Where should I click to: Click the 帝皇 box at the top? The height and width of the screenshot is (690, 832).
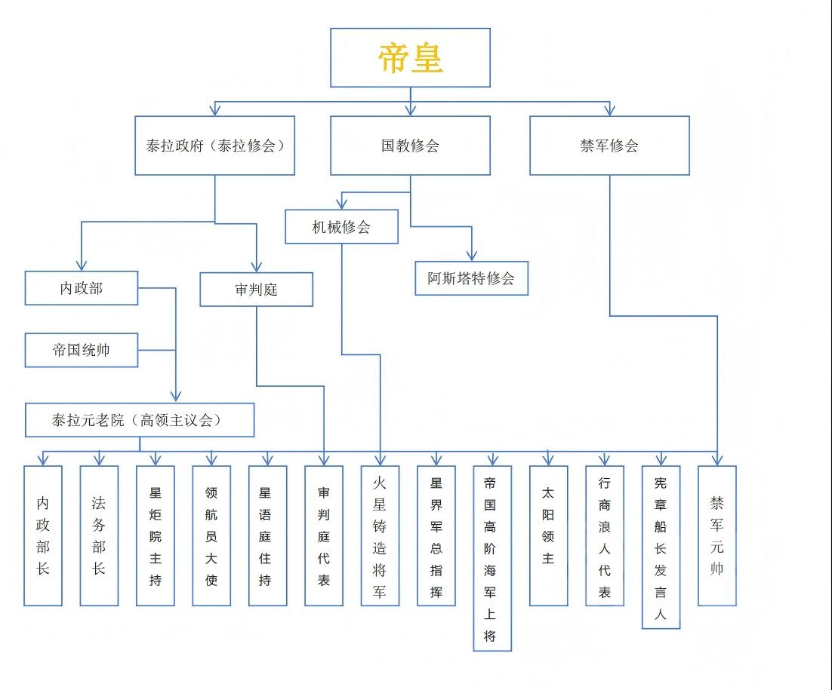[x=410, y=58]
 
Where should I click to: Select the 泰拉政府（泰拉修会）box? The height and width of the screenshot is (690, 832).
[x=214, y=146]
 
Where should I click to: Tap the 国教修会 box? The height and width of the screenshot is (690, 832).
[x=410, y=146]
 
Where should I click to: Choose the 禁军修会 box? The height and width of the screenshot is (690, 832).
[x=609, y=146]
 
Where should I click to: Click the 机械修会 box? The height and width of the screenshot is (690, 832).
[x=341, y=226]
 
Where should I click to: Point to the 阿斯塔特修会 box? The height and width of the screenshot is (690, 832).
[x=471, y=278]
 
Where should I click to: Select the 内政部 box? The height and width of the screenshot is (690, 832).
[x=82, y=288]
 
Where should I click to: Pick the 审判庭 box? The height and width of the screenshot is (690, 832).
[x=256, y=290]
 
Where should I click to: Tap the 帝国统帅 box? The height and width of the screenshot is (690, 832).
[x=82, y=350]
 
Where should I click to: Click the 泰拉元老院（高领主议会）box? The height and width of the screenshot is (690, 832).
[x=140, y=420]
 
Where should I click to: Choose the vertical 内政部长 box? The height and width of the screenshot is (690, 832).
[x=42, y=535]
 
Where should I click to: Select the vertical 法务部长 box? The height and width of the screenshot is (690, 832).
[x=99, y=535]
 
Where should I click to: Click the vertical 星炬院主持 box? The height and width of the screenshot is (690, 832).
[x=156, y=535]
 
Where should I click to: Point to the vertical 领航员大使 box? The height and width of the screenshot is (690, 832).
[x=211, y=535]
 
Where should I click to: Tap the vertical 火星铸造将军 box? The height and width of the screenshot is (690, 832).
[x=380, y=535]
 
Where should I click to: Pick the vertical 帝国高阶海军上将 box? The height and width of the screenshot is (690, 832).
[x=492, y=558]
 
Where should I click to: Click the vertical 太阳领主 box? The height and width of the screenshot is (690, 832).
[x=548, y=535]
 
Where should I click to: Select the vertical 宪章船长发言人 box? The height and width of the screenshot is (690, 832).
[x=661, y=547]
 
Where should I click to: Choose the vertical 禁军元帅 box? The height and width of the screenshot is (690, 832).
[x=716, y=535]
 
